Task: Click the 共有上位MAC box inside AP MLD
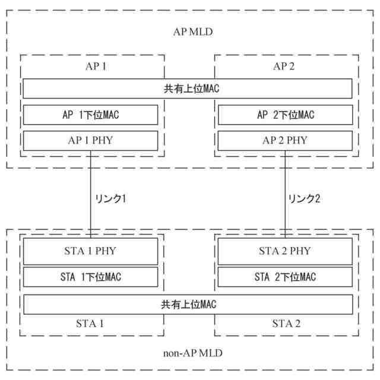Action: click(x=188, y=89)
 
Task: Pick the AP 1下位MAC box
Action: click(x=90, y=115)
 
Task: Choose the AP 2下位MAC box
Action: click(x=285, y=115)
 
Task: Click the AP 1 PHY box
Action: click(x=90, y=141)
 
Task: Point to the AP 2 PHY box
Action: click(x=285, y=141)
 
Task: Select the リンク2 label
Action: click(x=304, y=199)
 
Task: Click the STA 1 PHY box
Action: click(x=90, y=251)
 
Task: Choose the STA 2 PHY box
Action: click(x=285, y=251)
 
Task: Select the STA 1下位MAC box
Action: click(x=90, y=277)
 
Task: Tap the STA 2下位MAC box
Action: click(x=285, y=277)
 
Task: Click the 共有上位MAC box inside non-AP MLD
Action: click(x=188, y=304)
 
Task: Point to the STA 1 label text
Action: click(x=90, y=324)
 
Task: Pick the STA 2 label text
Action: click(x=286, y=324)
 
